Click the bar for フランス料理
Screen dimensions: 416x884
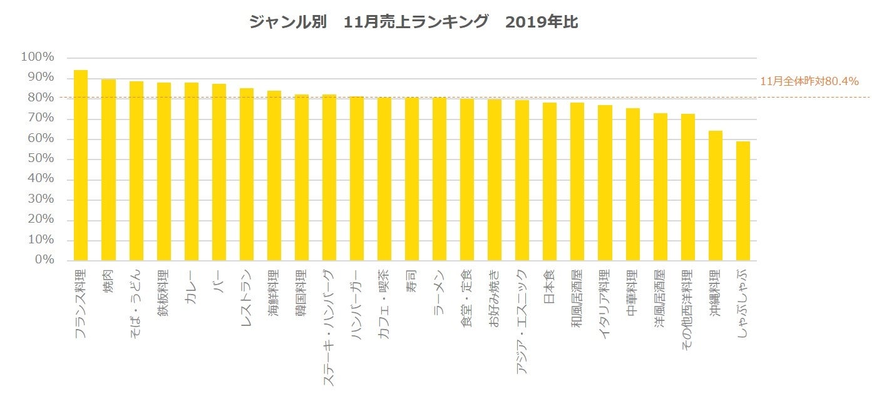pos(81,165)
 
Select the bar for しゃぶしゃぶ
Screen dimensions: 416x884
pos(743,201)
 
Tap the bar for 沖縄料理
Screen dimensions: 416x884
pos(716,195)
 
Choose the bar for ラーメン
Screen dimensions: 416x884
pos(439,179)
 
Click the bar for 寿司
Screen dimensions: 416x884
pos(412,179)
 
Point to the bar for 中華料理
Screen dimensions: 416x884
pos(633,185)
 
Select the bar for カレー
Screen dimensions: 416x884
pos(191,171)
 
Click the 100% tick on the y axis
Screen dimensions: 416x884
pos(38,58)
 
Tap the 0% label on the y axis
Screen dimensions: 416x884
pos(43,260)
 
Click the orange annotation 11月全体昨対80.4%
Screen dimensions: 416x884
pos(809,81)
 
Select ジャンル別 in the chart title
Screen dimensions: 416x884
pos(286,23)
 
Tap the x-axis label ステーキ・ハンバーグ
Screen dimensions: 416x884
pos(329,327)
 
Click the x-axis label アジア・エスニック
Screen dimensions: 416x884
pos(522,322)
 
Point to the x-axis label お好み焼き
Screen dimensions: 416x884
pos(495,298)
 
